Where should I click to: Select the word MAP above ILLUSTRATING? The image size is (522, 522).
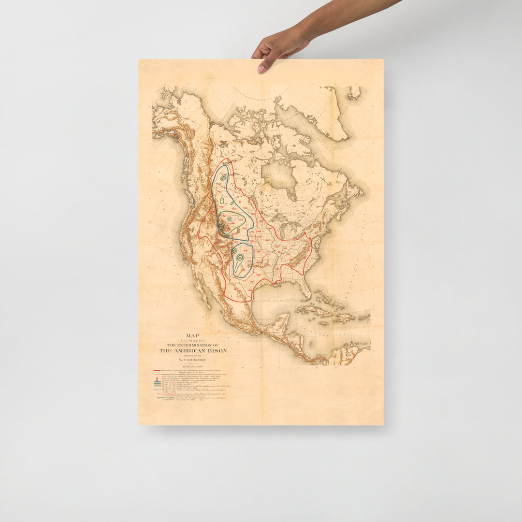(x=193, y=335)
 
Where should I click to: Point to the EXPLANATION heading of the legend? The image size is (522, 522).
(x=193, y=367)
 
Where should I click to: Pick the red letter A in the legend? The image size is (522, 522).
(x=156, y=378)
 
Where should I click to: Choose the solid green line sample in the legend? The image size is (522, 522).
(x=156, y=382)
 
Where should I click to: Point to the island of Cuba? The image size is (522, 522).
(x=314, y=310)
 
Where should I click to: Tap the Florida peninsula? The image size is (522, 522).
(x=304, y=288)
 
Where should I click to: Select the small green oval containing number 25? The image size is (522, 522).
(x=240, y=258)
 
